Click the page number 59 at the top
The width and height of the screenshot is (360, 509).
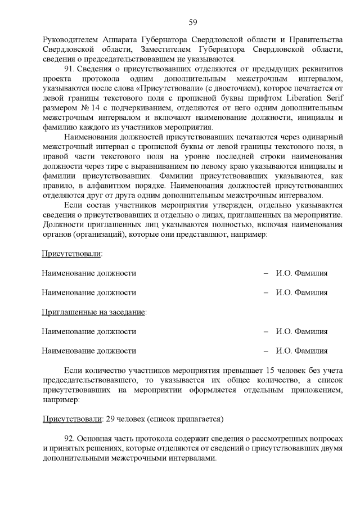[192, 22]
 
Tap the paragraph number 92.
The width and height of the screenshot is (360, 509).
[71, 438]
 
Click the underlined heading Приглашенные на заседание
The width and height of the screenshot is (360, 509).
[93, 312]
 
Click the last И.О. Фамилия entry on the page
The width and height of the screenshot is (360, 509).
[301, 351]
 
